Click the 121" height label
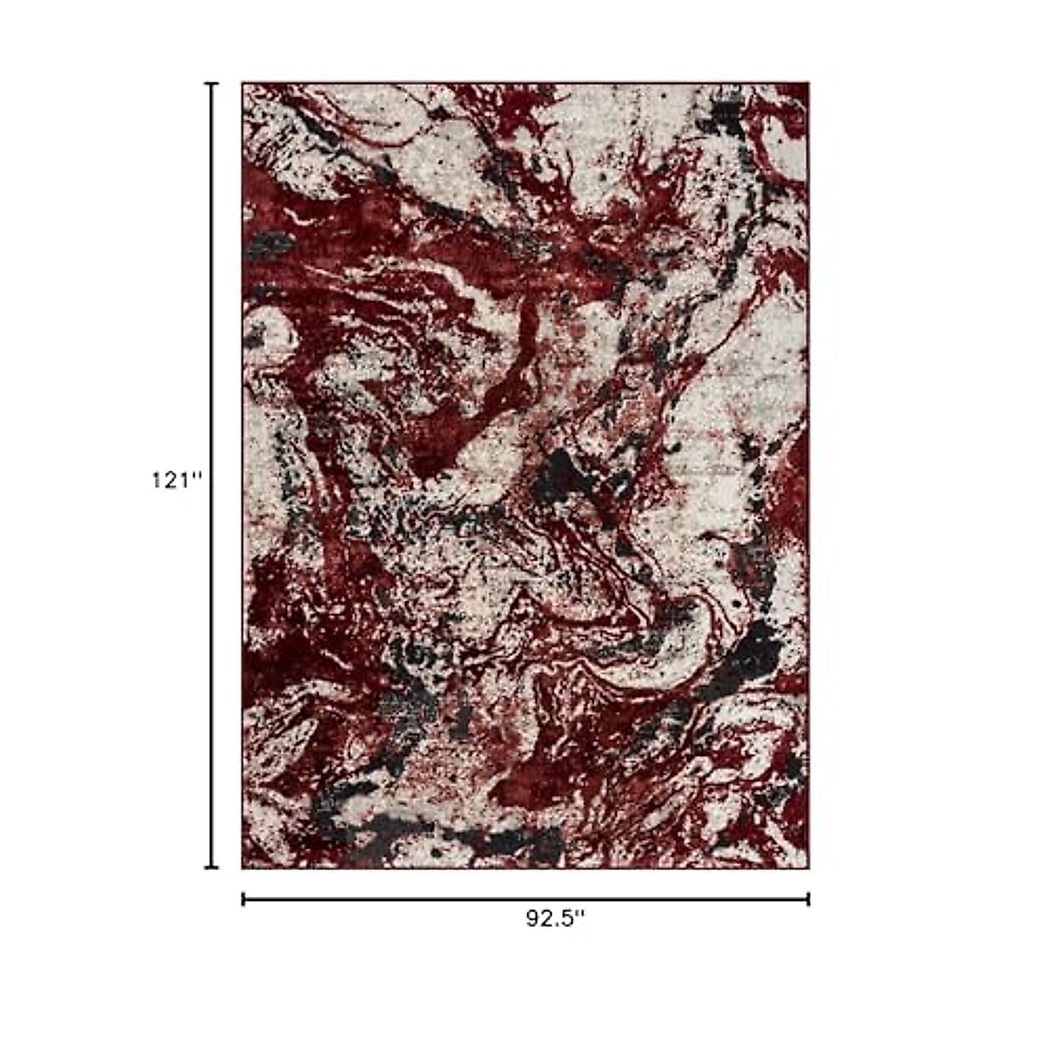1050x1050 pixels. [177, 480]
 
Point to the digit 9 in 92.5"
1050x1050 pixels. [532, 920]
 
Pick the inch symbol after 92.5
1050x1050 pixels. [579, 915]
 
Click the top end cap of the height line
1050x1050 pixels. [211, 84]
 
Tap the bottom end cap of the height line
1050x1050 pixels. [211, 868]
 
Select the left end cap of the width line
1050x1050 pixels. [243, 899]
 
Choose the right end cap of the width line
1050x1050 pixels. [808, 899]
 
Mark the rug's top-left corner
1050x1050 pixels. [243, 84]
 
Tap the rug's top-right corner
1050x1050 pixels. [808, 84]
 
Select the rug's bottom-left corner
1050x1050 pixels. [243, 867]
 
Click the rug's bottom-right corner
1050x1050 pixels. [808, 867]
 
